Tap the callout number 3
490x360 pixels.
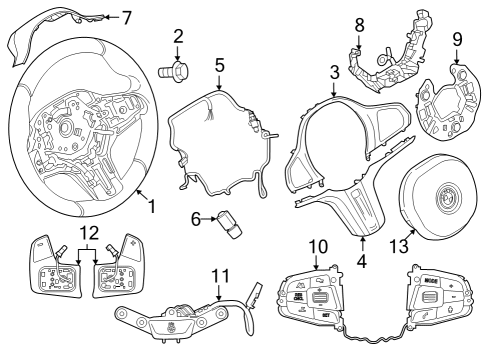point(334,72)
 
